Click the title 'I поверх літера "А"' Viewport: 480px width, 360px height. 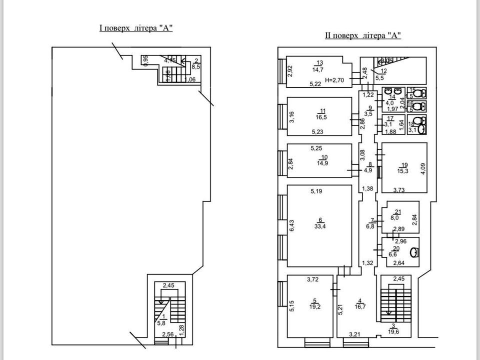point(136,28)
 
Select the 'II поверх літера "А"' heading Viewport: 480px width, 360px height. point(363,35)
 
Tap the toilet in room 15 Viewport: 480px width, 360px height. point(423,92)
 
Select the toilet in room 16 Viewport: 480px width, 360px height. point(423,106)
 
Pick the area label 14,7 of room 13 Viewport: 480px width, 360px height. point(318,70)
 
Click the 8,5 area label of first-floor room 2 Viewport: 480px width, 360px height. point(196,66)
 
